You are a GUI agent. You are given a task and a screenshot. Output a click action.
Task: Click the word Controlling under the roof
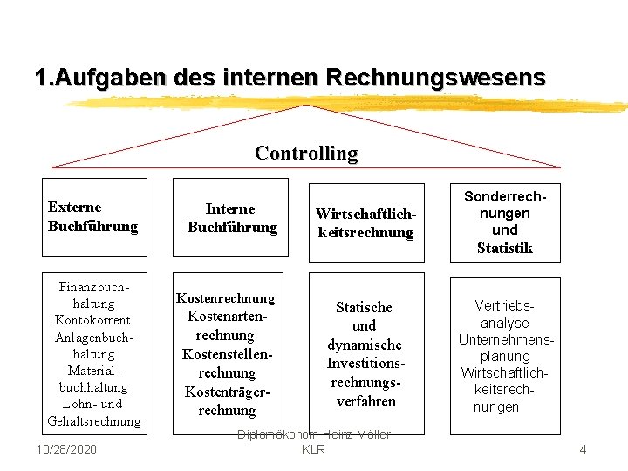(306, 154)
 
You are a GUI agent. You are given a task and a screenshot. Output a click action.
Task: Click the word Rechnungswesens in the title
(435, 78)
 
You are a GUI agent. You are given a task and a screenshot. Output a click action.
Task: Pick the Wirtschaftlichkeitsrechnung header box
(365, 222)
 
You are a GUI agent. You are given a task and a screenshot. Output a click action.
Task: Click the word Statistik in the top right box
(504, 248)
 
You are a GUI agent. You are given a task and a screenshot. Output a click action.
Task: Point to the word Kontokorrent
(92, 320)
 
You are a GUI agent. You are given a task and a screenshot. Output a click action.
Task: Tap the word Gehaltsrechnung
(93, 421)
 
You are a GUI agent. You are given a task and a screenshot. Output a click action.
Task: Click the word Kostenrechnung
(225, 297)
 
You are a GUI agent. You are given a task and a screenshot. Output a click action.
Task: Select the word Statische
(365, 307)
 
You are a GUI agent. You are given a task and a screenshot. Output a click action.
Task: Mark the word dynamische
(365, 345)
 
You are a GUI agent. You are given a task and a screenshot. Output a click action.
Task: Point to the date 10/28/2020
(67, 448)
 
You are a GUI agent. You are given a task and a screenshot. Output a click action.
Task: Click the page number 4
(584, 449)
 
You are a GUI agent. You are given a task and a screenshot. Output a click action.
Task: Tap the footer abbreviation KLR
(313, 449)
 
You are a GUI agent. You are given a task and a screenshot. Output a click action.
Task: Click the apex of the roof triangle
(306, 106)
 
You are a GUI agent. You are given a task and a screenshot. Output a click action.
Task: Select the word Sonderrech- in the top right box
(505, 197)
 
